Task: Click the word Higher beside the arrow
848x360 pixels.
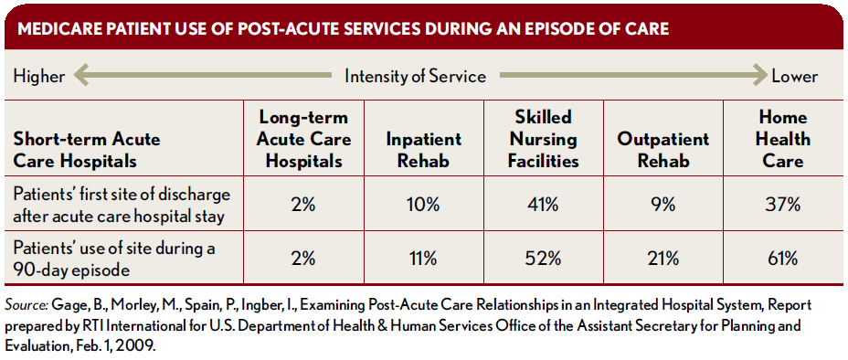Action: point(39,76)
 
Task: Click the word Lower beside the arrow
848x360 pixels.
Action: point(794,76)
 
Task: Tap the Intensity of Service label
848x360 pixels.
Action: point(416,76)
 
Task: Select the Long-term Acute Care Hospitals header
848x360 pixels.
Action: point(303,139)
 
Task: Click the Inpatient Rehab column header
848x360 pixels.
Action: point(423,150)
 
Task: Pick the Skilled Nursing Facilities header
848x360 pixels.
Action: point(543,139)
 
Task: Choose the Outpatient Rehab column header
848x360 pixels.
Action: point(663,150)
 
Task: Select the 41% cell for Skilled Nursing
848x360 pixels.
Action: point(544,205)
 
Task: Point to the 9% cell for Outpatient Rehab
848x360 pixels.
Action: point(663,205)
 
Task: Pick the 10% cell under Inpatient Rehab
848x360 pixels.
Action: point(423,205)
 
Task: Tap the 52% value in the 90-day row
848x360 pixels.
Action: point(544,259)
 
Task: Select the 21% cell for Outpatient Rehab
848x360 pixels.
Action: point(663,259)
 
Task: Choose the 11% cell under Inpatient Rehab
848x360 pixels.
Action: point(423,259)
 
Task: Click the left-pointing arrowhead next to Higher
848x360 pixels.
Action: point(81,76)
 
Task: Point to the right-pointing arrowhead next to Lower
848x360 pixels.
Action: point(759,76)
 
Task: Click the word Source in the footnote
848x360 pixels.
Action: point(26,305)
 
